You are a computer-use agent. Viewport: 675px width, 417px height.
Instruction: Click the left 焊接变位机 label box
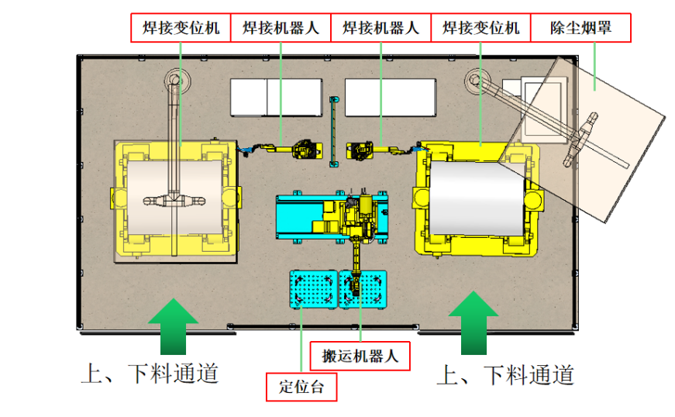pyautogui.click(x=181, y=29)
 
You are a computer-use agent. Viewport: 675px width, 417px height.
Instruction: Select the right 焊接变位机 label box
pyautogui.click(x=480, y=29)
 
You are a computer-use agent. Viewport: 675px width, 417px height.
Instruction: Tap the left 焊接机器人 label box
pyautogui.click(x=281, y=29)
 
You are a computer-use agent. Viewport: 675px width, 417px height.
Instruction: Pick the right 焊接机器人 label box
pyautogui.click(x=381, y=29)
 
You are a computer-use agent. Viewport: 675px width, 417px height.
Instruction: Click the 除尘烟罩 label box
pyautogui.click(x=580, y=29)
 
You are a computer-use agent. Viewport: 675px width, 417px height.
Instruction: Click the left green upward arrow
pyautogui.click(x=173, y=328)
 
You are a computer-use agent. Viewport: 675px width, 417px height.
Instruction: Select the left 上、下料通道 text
pyautogui.click(x=149, y=374)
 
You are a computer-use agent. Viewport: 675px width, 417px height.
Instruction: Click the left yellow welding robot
pyautogui.click(x=305, y=148)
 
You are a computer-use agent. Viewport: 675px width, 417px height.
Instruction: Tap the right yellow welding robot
pyautogui.click(x=360, y=149)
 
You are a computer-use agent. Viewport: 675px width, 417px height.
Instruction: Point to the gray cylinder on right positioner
pyautogui.click(x=477, y=198)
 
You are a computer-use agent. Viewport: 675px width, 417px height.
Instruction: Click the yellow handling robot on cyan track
pyautogui.click(x=359, y=217)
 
